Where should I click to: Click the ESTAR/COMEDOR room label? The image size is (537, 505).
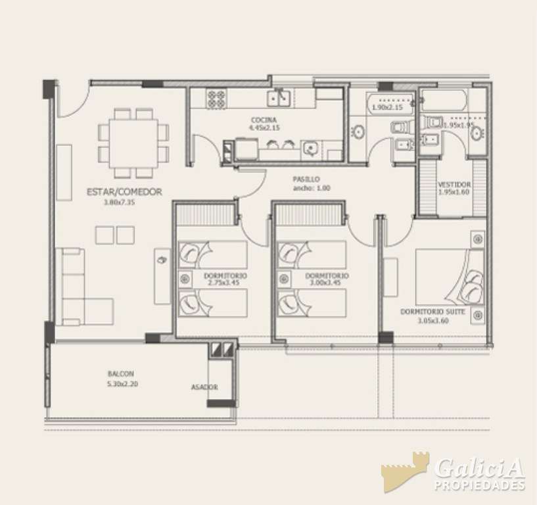[x=124, y=192]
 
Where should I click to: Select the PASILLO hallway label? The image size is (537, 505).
[x=306, y=179]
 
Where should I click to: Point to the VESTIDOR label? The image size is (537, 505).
[x=454, y=185]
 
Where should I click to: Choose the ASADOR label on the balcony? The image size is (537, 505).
[x=204, y=387]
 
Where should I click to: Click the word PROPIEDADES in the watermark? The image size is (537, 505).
[x=479, y=486]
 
